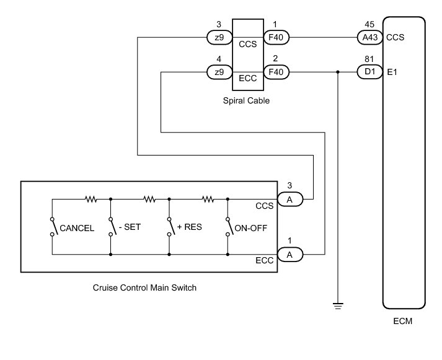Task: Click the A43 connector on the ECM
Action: (370, 37)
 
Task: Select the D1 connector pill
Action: (370, 72)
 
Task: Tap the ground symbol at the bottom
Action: (338, 306)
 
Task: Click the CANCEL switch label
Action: (77, 228)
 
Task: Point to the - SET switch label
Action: (130, 227)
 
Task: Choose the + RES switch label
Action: (190, 227)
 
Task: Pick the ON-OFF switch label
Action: (250, 228)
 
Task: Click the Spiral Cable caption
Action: (246, 100)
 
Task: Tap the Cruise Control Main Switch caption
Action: (144, 288)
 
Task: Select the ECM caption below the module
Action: (402, 321)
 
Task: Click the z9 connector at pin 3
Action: (219, 37)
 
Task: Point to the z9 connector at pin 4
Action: (219, 72)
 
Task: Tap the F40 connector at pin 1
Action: (276, 37)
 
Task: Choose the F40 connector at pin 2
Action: (276, 72)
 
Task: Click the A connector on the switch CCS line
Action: (290, 199)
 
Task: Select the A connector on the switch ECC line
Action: (290, 255)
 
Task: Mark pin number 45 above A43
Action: (369, 24)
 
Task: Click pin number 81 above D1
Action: (369, 59)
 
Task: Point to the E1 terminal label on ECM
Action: (392, 72)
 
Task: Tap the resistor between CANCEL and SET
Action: (91, 199)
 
